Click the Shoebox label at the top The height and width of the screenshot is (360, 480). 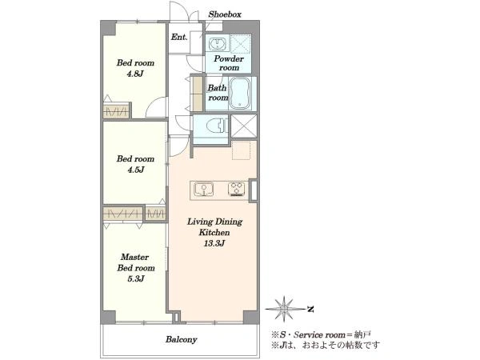pyautogui.click(x=225, y=14)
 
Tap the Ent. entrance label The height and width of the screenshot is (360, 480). pyautogui.click(x=179, y=38)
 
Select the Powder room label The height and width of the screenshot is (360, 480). pyautogui.click(x=229, y=62)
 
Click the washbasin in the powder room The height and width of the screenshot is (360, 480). pyautogui.click(x=219, y=43)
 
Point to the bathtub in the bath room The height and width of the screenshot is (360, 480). pyautogui.click(x=240, y=93)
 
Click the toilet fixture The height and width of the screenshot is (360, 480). pyautogui.click(x=217, y=126)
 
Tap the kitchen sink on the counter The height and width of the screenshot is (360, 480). pyautogui.click(x=203, y=189)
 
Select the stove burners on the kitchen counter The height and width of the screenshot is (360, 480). pyautogui.click(x=238, y=189)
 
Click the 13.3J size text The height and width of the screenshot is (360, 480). pyautogui.click(x=214, y=243)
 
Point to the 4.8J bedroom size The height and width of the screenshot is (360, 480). pyautogui.click(x=135, y=74)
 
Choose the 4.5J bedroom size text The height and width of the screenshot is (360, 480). pyautogui.click(x=135, y=170)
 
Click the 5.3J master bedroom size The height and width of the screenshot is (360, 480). pyautogui.click(x=135, y=279)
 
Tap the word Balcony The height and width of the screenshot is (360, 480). pyautogui.click(x=182, y=339)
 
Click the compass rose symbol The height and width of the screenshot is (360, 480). pyautogui.click(x=284, y=309)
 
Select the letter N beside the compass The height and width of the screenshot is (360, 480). pyautogui.click(x=310, y=309)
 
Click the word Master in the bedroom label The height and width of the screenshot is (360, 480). pyautogui.click(x=134, y=257)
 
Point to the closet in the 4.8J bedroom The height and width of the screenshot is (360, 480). pyautogui.click(x=116, y=111)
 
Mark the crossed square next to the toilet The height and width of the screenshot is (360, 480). pyautogui.click(x=244, y=126)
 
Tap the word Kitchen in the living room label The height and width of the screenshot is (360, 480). pyautogui.click(x=214, y=233)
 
